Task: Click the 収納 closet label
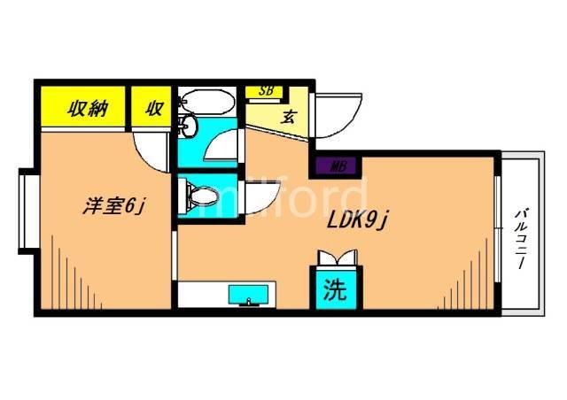(88, 108)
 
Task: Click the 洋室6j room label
(114, 206)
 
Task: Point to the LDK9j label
(357, 220)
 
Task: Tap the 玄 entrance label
(289, 117)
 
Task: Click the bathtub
(206, 102)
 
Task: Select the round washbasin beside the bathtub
(189, 126)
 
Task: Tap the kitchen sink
(248, 295)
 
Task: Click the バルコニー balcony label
(521, 238)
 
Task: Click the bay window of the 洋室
(27, 212)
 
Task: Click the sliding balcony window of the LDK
(498, 228)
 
